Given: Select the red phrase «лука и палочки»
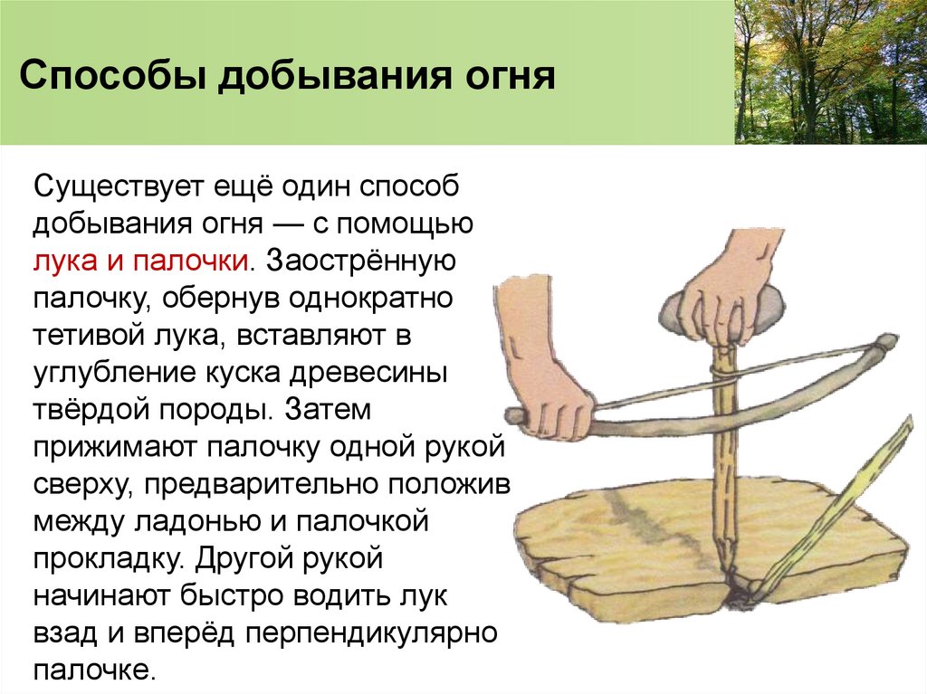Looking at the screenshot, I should tap(141, 261).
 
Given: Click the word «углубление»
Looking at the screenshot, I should tap(108, 372).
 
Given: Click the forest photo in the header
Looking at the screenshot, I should tap(830, 71).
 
